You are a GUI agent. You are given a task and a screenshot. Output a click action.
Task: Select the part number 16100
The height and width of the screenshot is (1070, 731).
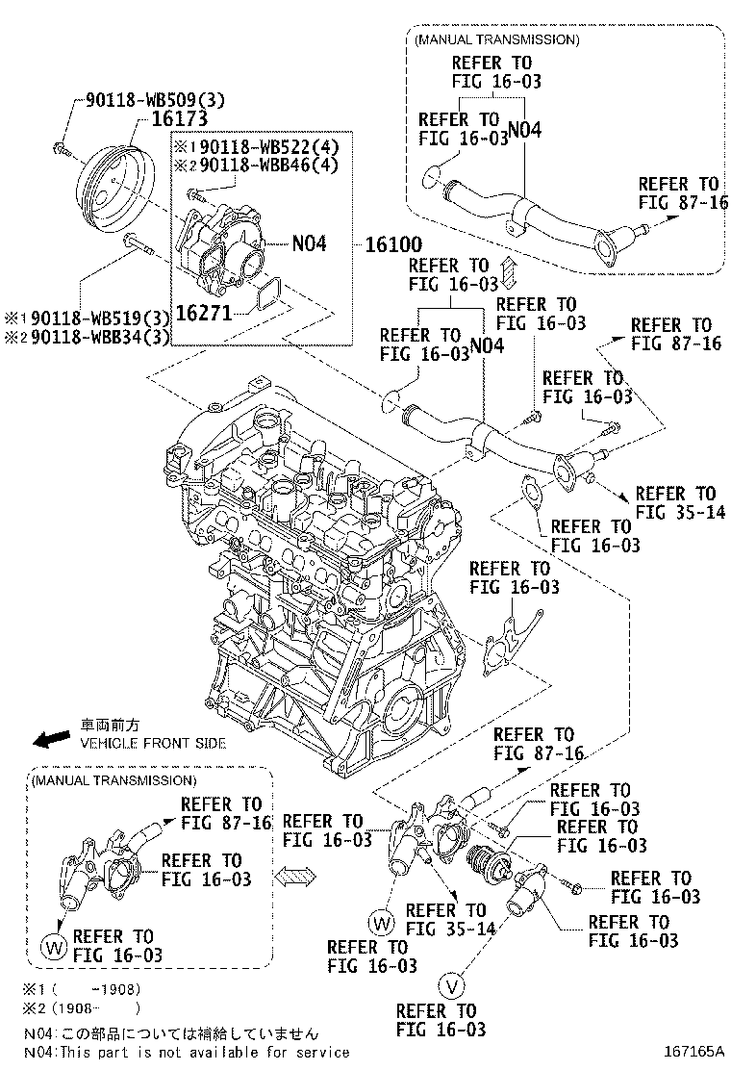(393, 244)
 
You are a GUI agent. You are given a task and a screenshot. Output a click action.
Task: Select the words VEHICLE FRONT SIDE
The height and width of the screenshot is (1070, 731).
(153, 743)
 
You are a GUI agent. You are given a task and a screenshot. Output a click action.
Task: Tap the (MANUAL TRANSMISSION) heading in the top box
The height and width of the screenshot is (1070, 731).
(496, 40)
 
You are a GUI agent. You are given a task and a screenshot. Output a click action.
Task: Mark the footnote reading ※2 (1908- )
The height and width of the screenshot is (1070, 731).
(82, 1009)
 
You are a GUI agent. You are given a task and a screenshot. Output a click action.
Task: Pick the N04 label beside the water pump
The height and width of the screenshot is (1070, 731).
(308, 244)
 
